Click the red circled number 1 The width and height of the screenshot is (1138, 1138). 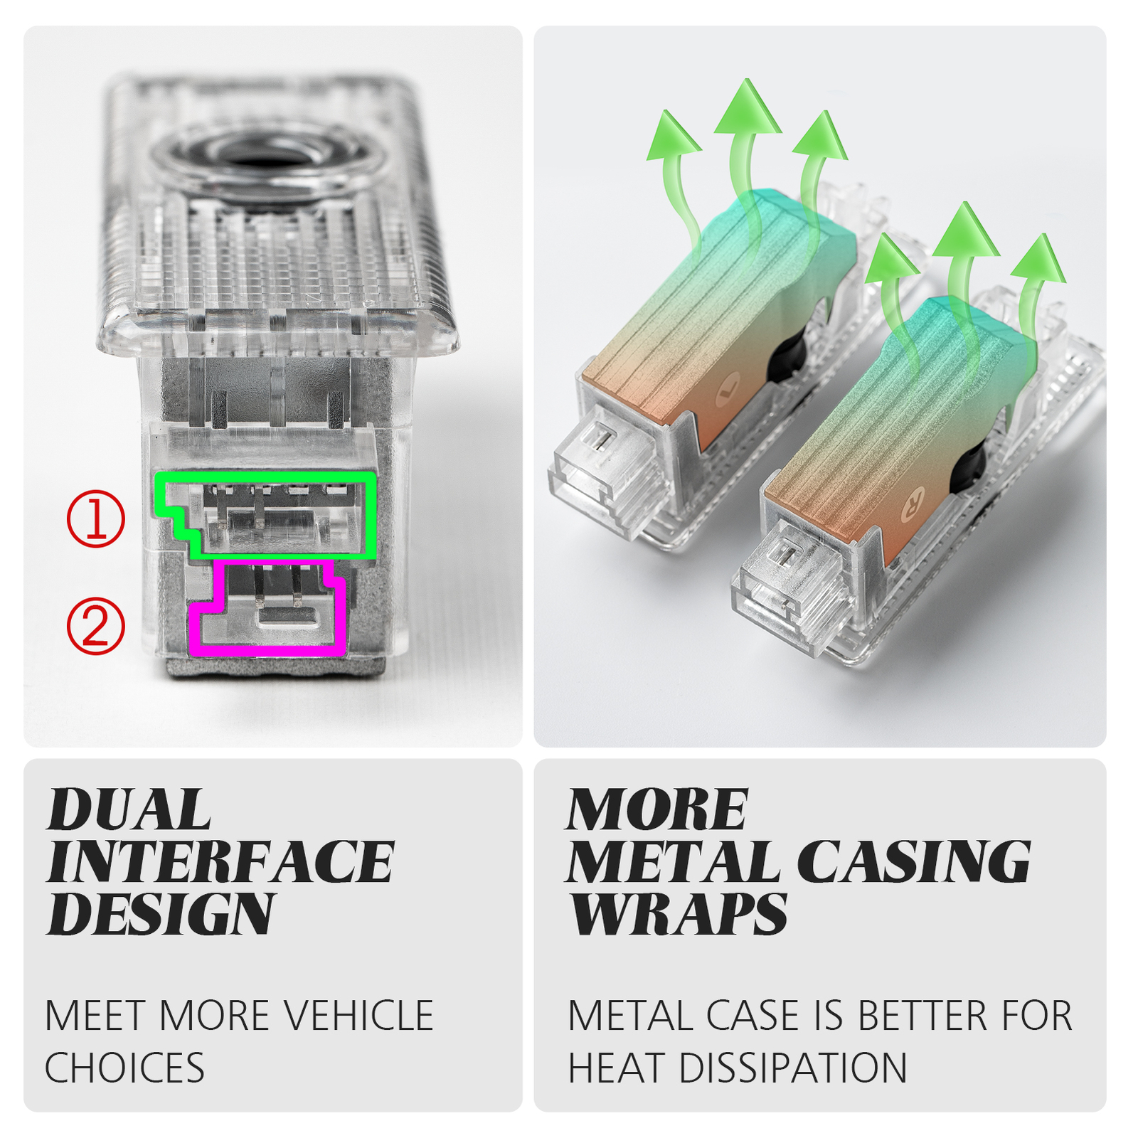click(x=95, y=519)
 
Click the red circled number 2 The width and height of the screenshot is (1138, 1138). click(x=95, y=626)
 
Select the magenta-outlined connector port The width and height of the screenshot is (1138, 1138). click(x=267, y=608)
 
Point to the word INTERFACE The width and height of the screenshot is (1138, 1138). click(x=220, y=862)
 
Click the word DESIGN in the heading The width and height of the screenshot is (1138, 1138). click(x=160, y=914)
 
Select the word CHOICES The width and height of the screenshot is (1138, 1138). click(x=125, y=1068)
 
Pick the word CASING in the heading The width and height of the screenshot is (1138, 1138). click(x=913, y=862)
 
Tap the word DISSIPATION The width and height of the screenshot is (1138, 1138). click(x=793, y=1068)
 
